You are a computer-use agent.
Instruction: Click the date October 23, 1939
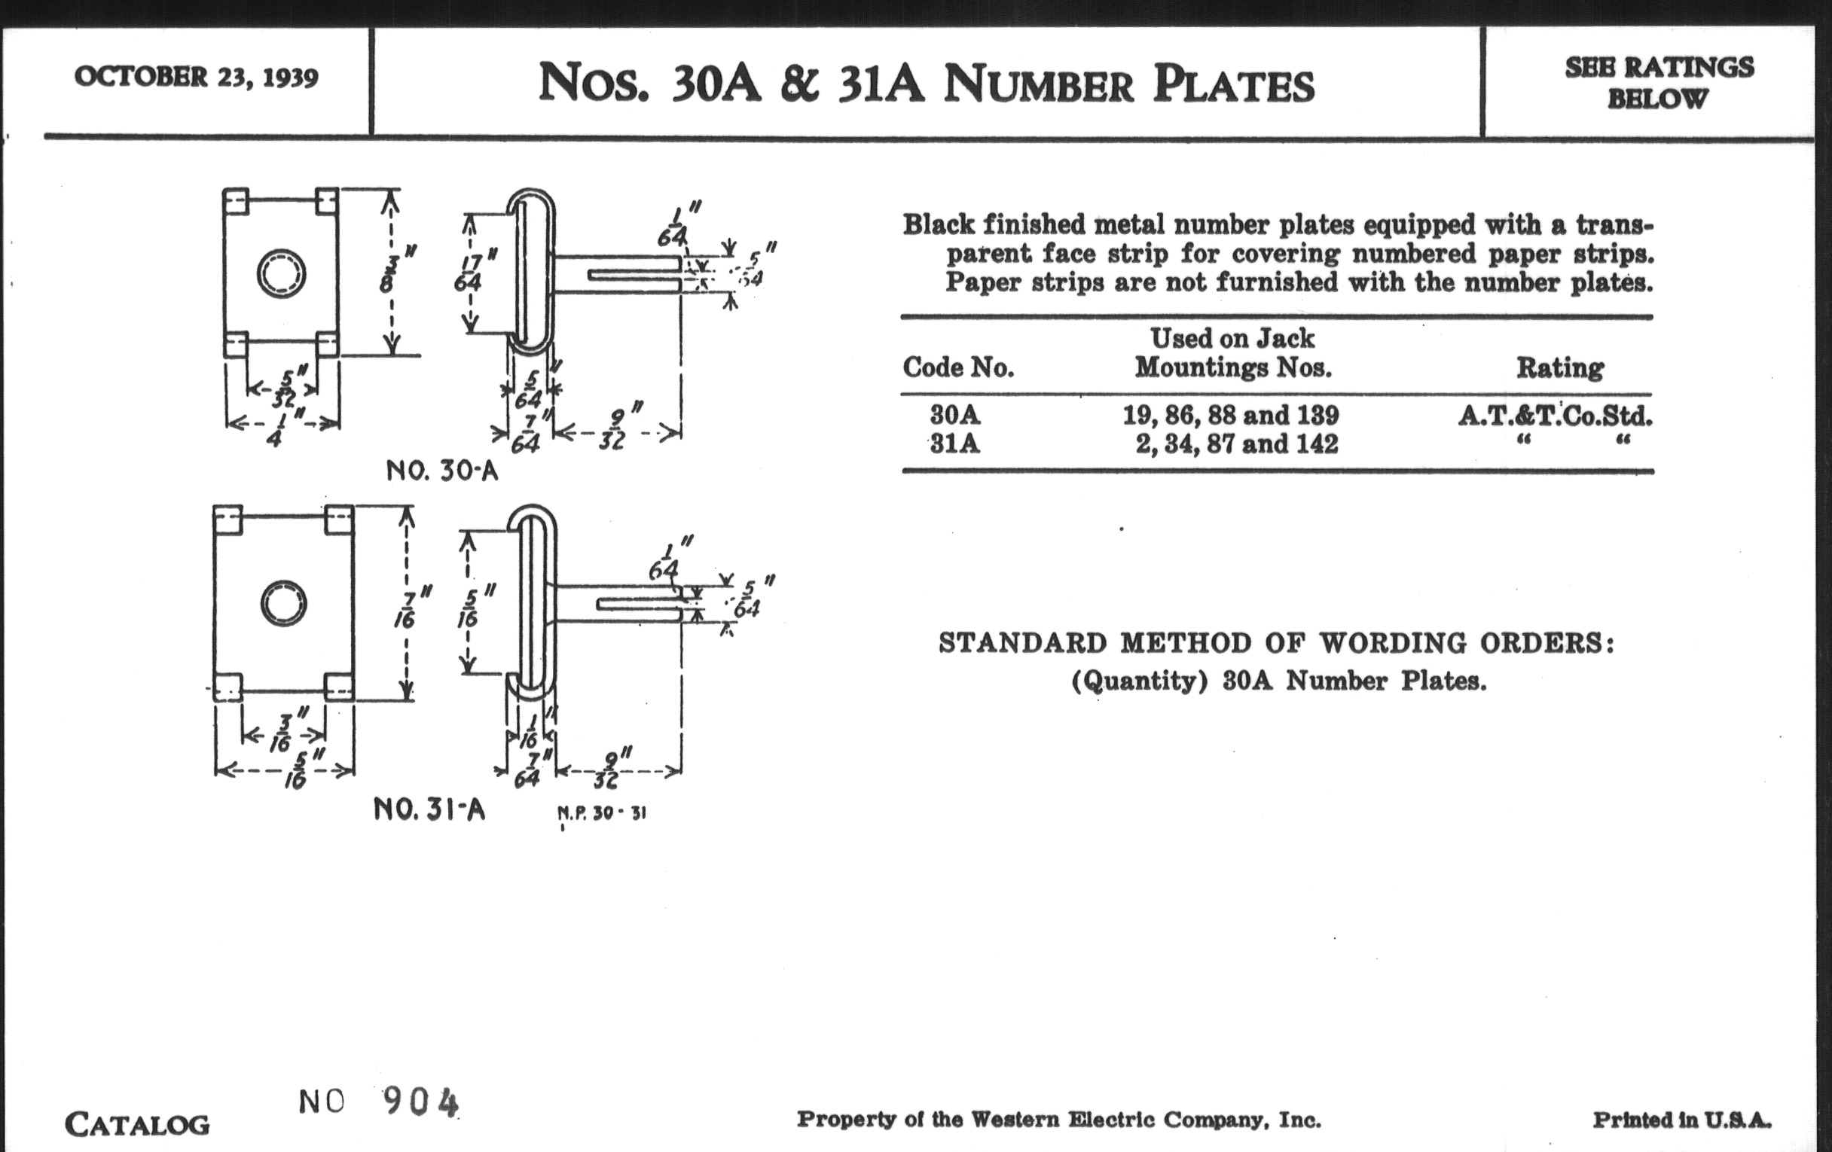[x=197, y=78]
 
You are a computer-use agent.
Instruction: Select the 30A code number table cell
[x=955, y=415]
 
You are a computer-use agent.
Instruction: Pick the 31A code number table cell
[x=955, y=443]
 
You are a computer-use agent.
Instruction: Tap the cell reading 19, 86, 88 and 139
[x=1231, y=415]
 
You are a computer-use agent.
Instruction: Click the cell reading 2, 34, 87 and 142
[x=1236, y=443]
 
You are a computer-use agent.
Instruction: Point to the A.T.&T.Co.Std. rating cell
[x=1555, y=416]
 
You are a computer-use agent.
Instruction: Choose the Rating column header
[x=1559, y=368]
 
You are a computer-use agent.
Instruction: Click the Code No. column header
[x=958, y=368]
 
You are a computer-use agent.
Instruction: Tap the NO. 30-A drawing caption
[x=442, y=471]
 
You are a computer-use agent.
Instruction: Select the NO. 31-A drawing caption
[x=429, y=810]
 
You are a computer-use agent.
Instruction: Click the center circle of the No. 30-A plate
[x=282, y=273]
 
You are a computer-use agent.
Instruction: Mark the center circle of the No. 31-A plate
[x=284, y=604]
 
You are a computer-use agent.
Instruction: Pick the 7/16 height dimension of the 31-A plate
[x=407, y=606]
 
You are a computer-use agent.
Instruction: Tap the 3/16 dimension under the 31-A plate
[x=283, y=735]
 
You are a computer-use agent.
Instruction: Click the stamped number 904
[x=421, y=1101]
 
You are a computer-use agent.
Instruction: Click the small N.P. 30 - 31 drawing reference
[x=602, y=814]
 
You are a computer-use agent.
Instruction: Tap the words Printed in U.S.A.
[x=1682, y=1120]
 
